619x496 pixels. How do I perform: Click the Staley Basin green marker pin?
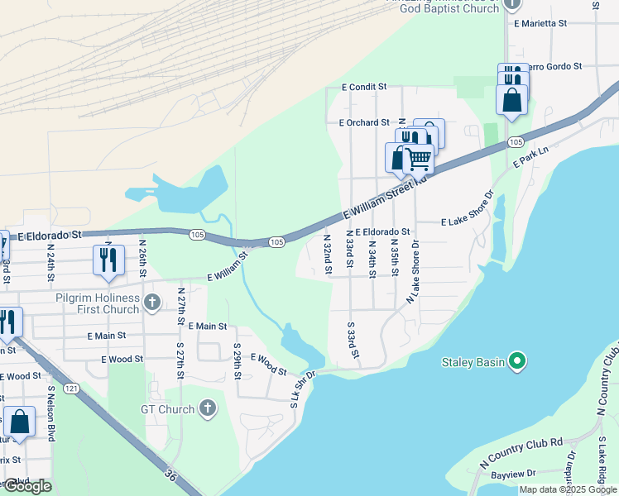tap(517, 362)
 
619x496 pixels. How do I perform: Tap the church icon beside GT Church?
tap(208, 408)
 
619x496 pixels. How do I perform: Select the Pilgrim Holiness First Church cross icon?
tap(151, 303)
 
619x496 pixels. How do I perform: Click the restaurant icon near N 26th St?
tap(108, 260)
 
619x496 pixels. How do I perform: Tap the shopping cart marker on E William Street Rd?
tap(419, 158)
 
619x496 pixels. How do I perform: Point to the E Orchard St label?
tap(363, 122)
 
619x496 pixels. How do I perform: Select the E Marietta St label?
tap(540, 24)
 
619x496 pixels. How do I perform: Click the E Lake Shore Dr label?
tap(468, 222)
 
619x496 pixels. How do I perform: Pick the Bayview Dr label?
tap(513, 474)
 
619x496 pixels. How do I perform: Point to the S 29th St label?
tap(237, 361)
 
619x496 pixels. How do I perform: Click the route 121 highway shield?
tap(74, 388)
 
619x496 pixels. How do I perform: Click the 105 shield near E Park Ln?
tap(516, 142)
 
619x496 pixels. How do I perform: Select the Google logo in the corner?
tap(26, 486)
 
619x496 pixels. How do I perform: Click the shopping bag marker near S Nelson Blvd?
tap(19, 422)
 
